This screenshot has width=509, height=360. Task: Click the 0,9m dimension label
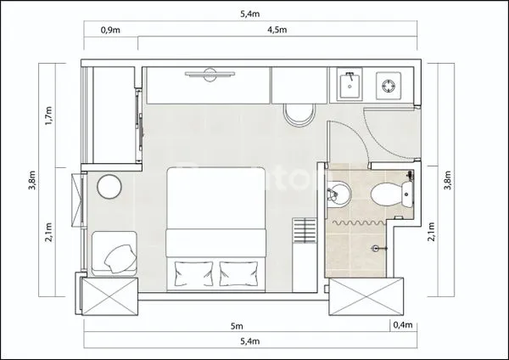pos(110,29)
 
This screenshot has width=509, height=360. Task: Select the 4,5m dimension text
pos(277,29)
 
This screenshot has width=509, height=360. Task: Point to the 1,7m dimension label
pos(48,115)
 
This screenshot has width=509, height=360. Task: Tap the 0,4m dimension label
pos(402,325)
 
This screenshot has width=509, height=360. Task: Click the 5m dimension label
pos(238,325)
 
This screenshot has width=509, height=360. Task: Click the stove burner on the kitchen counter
pos(389,85)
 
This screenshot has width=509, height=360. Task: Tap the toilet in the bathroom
pos(389,194)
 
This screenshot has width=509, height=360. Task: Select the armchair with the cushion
pos(115,253)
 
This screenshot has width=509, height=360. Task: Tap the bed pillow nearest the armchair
pos(193,273)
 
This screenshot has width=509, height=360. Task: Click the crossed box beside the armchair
pos(108,296)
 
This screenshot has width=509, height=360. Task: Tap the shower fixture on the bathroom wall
pos(381,247)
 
